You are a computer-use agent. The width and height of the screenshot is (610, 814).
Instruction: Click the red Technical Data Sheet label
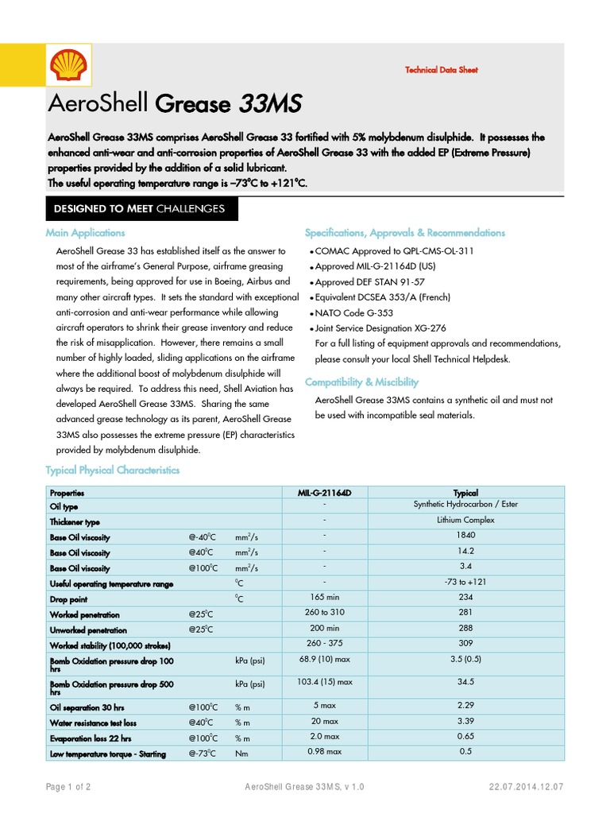point(442,70)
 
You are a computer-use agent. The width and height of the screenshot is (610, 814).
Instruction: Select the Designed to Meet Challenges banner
point(139,209)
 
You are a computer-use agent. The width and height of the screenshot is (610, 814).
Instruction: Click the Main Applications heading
point(85,233)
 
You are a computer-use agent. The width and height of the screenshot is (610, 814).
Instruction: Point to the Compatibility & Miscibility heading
point(361,382)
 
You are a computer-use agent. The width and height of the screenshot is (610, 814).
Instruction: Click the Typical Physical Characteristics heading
point(113,471)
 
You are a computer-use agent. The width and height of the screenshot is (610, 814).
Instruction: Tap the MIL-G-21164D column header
point(324,493)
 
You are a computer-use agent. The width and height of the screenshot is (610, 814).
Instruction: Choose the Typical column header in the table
point(465,493)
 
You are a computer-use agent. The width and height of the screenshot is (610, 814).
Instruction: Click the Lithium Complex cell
point(465,521)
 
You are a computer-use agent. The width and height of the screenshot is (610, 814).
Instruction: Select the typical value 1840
point(465,536)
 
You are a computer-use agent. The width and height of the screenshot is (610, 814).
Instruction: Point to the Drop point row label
point(69,599)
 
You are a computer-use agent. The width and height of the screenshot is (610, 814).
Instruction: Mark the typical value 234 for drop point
point(465,597)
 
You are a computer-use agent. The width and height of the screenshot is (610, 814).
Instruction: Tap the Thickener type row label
point(75,522)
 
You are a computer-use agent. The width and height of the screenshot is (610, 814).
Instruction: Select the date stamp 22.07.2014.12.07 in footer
point(527,787)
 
